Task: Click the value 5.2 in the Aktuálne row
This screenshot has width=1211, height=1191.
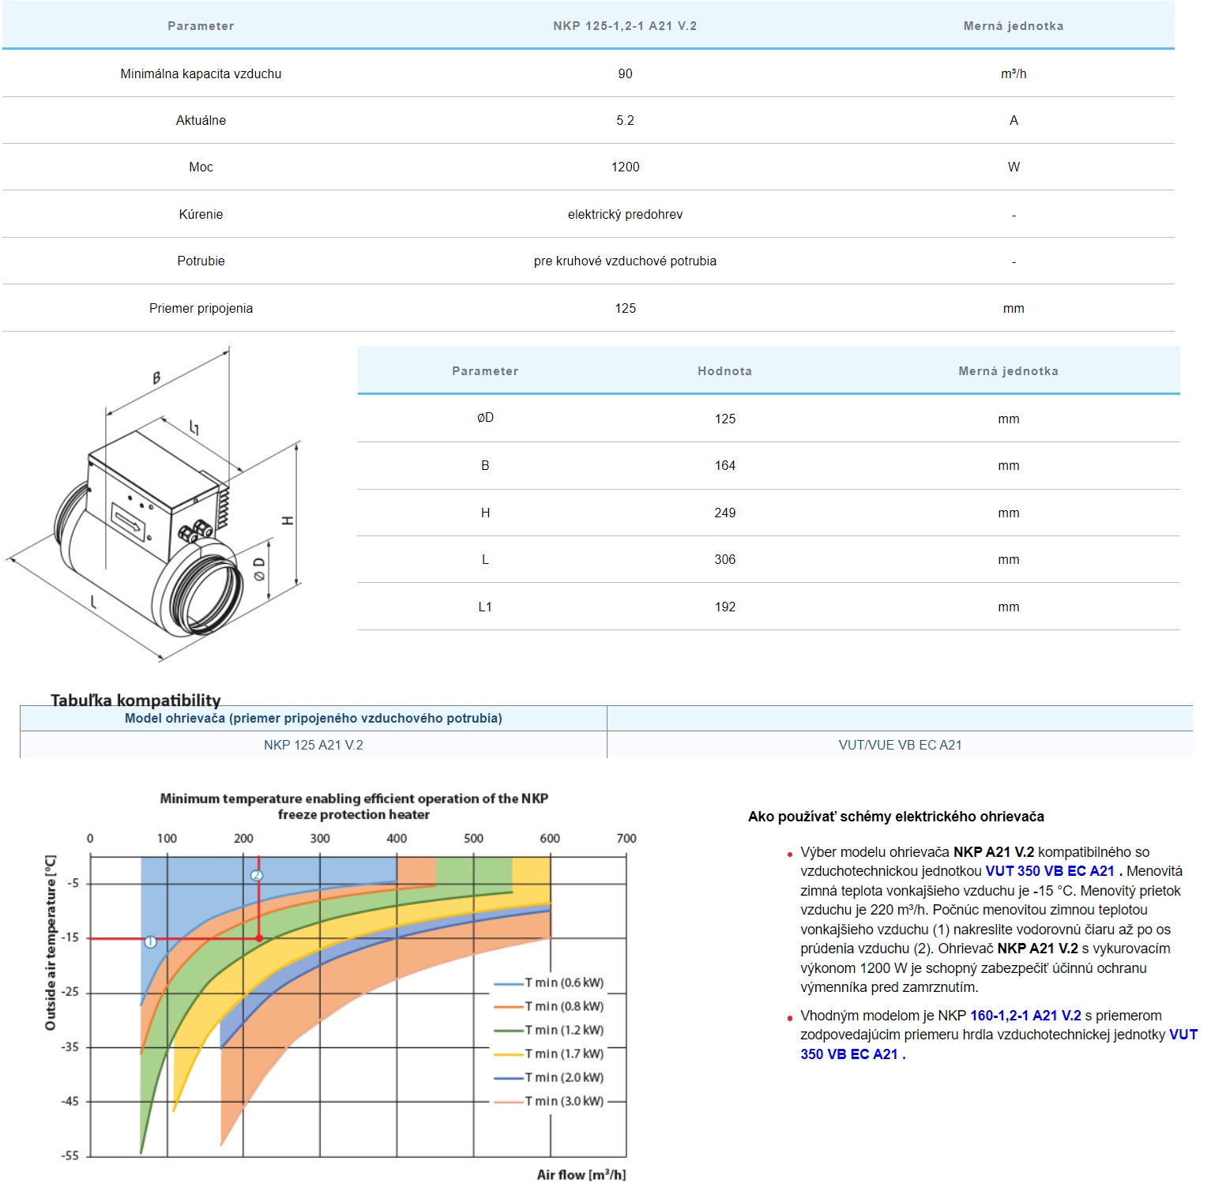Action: coord(625,120)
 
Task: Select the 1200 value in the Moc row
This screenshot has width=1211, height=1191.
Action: coord(625,167)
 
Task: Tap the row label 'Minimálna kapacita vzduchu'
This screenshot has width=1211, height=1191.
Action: coord(201,73)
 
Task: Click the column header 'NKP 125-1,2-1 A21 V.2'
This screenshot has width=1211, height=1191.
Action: coord(625,26)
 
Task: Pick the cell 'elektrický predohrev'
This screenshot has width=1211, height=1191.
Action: coord(625,214)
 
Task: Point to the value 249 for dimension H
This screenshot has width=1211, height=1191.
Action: coord(724,513)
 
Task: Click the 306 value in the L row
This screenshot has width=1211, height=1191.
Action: coord(724,559)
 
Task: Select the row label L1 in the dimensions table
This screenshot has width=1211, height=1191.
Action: coord(485,607)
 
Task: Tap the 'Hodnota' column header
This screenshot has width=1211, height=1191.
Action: coord(724,371)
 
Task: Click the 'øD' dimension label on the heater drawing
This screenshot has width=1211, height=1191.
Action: coord(259,569)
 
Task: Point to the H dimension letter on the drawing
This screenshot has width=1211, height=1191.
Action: coord(288,520)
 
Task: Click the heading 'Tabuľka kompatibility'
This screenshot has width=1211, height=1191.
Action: coord(136,700)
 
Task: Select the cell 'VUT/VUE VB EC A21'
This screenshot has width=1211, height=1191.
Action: coord(900,745)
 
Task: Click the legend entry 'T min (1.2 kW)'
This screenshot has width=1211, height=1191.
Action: coord(563,1030)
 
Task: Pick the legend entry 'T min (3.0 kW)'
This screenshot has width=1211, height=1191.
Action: coord(563,1101)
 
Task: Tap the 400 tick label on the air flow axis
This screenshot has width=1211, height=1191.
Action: coord(397,838)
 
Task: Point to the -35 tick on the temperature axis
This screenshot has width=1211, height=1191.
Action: coord(70,1046)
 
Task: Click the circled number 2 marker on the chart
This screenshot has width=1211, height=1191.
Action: coord(256,875)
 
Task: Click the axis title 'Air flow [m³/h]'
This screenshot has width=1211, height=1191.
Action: coord(581,1174)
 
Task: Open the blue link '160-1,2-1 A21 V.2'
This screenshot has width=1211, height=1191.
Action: coord(1025,1016)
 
